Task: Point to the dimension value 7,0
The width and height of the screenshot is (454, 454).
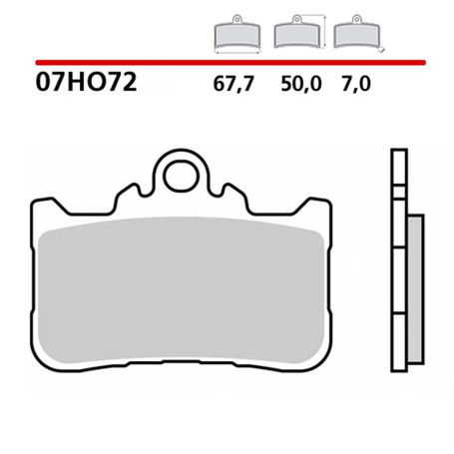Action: click(356, 85)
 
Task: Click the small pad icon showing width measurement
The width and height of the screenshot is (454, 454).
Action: click(236, 36)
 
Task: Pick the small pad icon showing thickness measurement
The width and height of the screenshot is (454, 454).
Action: click(356, 36)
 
